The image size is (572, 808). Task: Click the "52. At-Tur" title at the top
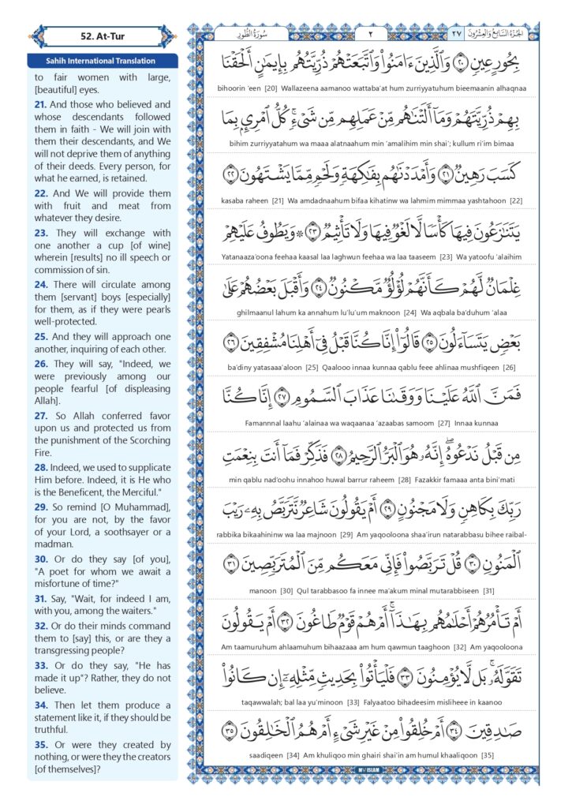coord(102,36)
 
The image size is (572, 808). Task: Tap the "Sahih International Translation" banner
coord(102,61)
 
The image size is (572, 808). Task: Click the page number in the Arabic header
coord(372,33)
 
